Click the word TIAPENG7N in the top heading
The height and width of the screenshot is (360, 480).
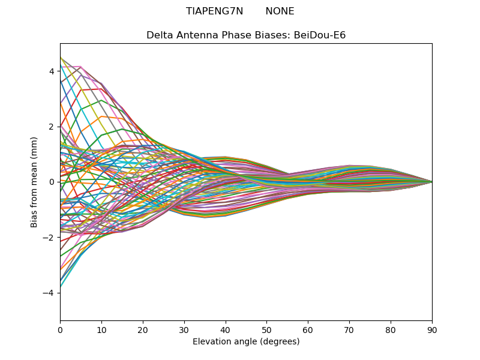(x=214, y=11)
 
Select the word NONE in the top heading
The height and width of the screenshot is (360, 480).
(x=280, y=11)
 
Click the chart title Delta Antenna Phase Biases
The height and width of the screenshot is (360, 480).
(x=218, y=35)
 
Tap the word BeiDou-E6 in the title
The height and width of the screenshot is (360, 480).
(x=320, y=35)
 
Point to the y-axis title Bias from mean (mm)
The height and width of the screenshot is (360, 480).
(x=34, y=182)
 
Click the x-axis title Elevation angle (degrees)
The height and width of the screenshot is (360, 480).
(x=246, y=341)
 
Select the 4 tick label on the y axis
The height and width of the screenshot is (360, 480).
(x=52, y=71)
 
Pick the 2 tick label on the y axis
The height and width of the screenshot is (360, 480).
(x=52, y=127)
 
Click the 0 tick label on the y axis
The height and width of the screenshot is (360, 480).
(x=52, y=182)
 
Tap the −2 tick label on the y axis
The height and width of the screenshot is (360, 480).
(x=49, y=238)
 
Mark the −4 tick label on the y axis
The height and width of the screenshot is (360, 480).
(x=49, y=293)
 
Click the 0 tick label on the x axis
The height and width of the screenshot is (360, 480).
(x=61, y=331)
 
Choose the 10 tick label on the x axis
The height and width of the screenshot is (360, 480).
(x=101, y=331)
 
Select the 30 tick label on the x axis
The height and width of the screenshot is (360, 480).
(x=184, y=331)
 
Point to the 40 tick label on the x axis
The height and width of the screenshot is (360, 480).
(x=226, y=331)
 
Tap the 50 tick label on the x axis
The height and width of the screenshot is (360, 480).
(x=267, y=331)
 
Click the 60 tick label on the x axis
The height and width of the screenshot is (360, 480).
(x=308, y=331)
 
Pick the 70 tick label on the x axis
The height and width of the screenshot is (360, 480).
(x=350, y=331)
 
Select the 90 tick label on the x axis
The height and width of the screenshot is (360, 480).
(x=432, y=331)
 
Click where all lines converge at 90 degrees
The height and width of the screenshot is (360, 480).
(x=432, y=182)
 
